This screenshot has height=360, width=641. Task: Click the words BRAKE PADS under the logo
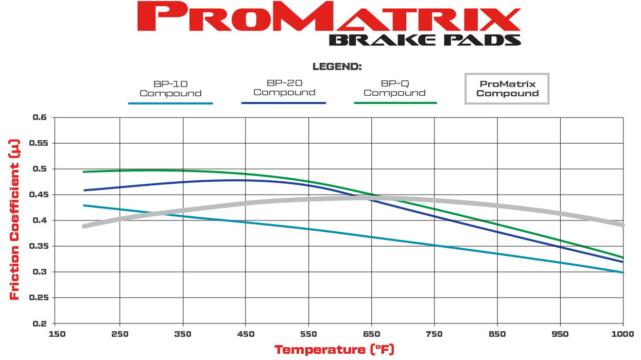pyautogui.click(x=424, y=40)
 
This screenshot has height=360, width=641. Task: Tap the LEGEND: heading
pyautogui.click(x=337, y=67)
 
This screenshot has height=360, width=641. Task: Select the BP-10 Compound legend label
pyautogui.click(x=170, y=89)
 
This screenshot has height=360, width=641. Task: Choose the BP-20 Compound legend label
pyautogui.click(x=284, y=88)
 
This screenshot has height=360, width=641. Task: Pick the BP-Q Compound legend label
pyautogui.click(x=395, y=88)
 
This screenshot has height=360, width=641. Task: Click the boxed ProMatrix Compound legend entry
pyautogui.click(x=507, y=89)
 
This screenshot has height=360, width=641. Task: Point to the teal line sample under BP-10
pyautogui.click(x=170, y=104)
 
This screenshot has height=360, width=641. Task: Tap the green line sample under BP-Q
pyautogui.click(x=395, y=103)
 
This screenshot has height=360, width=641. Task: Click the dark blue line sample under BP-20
pyautogui.click(x=284, y=103)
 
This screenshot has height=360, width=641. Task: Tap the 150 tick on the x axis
pyautogui.click(x=57, y=334)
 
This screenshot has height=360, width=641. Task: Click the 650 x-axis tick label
pyautogui.click(x=371, y=334)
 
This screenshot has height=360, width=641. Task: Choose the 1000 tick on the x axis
pyautogui.click(x=622, y=334)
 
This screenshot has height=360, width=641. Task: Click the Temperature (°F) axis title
pyautogui.click(x=334, y=350)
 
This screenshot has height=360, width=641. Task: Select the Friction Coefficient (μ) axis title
pyautogui.click(x=14, y=220)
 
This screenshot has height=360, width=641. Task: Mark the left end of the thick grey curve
pyautogui.click(x=84, y=226)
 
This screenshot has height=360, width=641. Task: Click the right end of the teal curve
pyautogui.click(x=623, y=272)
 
